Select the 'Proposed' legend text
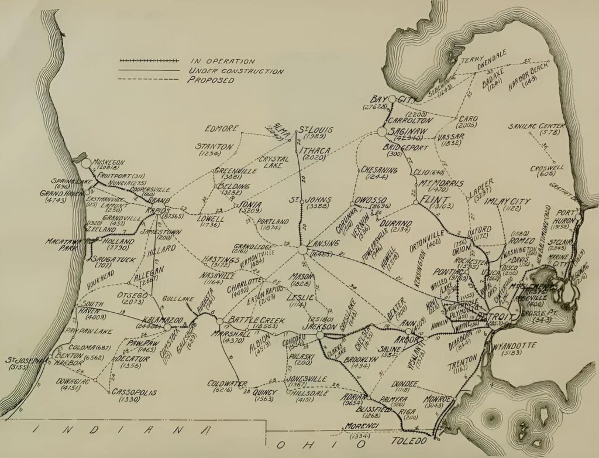[x=211, y=80]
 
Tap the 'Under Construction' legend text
[x=236, y=71]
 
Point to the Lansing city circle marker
[x=302, y=250]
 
